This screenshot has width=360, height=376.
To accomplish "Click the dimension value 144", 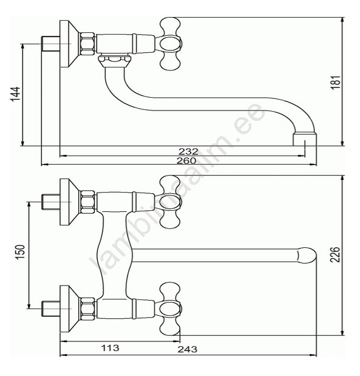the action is (15, 94).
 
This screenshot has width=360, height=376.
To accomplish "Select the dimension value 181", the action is (335, 82).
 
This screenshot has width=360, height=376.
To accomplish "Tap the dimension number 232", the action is (188, 151).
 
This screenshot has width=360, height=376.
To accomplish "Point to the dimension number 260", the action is (186, 160).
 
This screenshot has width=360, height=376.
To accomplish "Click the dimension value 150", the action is (20, 252).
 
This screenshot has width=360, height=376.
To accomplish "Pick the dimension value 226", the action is (335, 254).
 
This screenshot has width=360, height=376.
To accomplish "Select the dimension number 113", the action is (110, 347).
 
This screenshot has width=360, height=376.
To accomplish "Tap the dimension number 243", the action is (187, 349).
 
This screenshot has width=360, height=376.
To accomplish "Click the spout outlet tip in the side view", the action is (305, 140).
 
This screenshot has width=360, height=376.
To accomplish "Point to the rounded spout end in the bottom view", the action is (307, 256).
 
